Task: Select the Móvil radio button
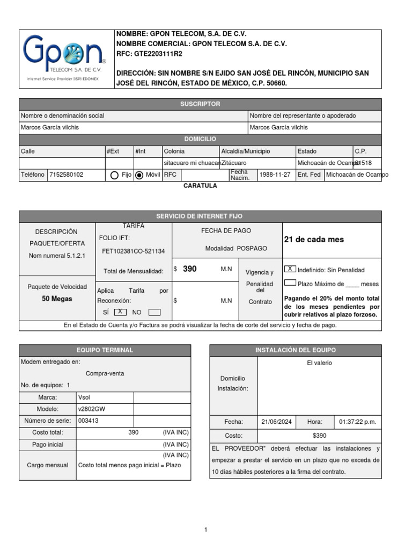coord(139,175)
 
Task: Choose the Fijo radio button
coord(114,175)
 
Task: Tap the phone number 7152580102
coord(66,175)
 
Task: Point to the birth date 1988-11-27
coord(275,175)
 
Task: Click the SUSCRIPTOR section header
coord(200,104)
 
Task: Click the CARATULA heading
coord(200,185)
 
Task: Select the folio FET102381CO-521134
coord(134,251)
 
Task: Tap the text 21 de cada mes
coord(314,240)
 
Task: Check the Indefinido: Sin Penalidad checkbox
coord(290,269)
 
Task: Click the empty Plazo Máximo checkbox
coord(290,283)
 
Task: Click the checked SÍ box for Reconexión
coord(120,312)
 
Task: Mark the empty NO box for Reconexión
coord(154,312)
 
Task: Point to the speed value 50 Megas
coord(57,299)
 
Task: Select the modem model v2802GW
coord(92,409)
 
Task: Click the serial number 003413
coord(88,421)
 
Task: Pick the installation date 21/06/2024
coord(276,422)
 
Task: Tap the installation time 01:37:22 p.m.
coord(357,422)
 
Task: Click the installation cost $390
coord(319,436)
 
